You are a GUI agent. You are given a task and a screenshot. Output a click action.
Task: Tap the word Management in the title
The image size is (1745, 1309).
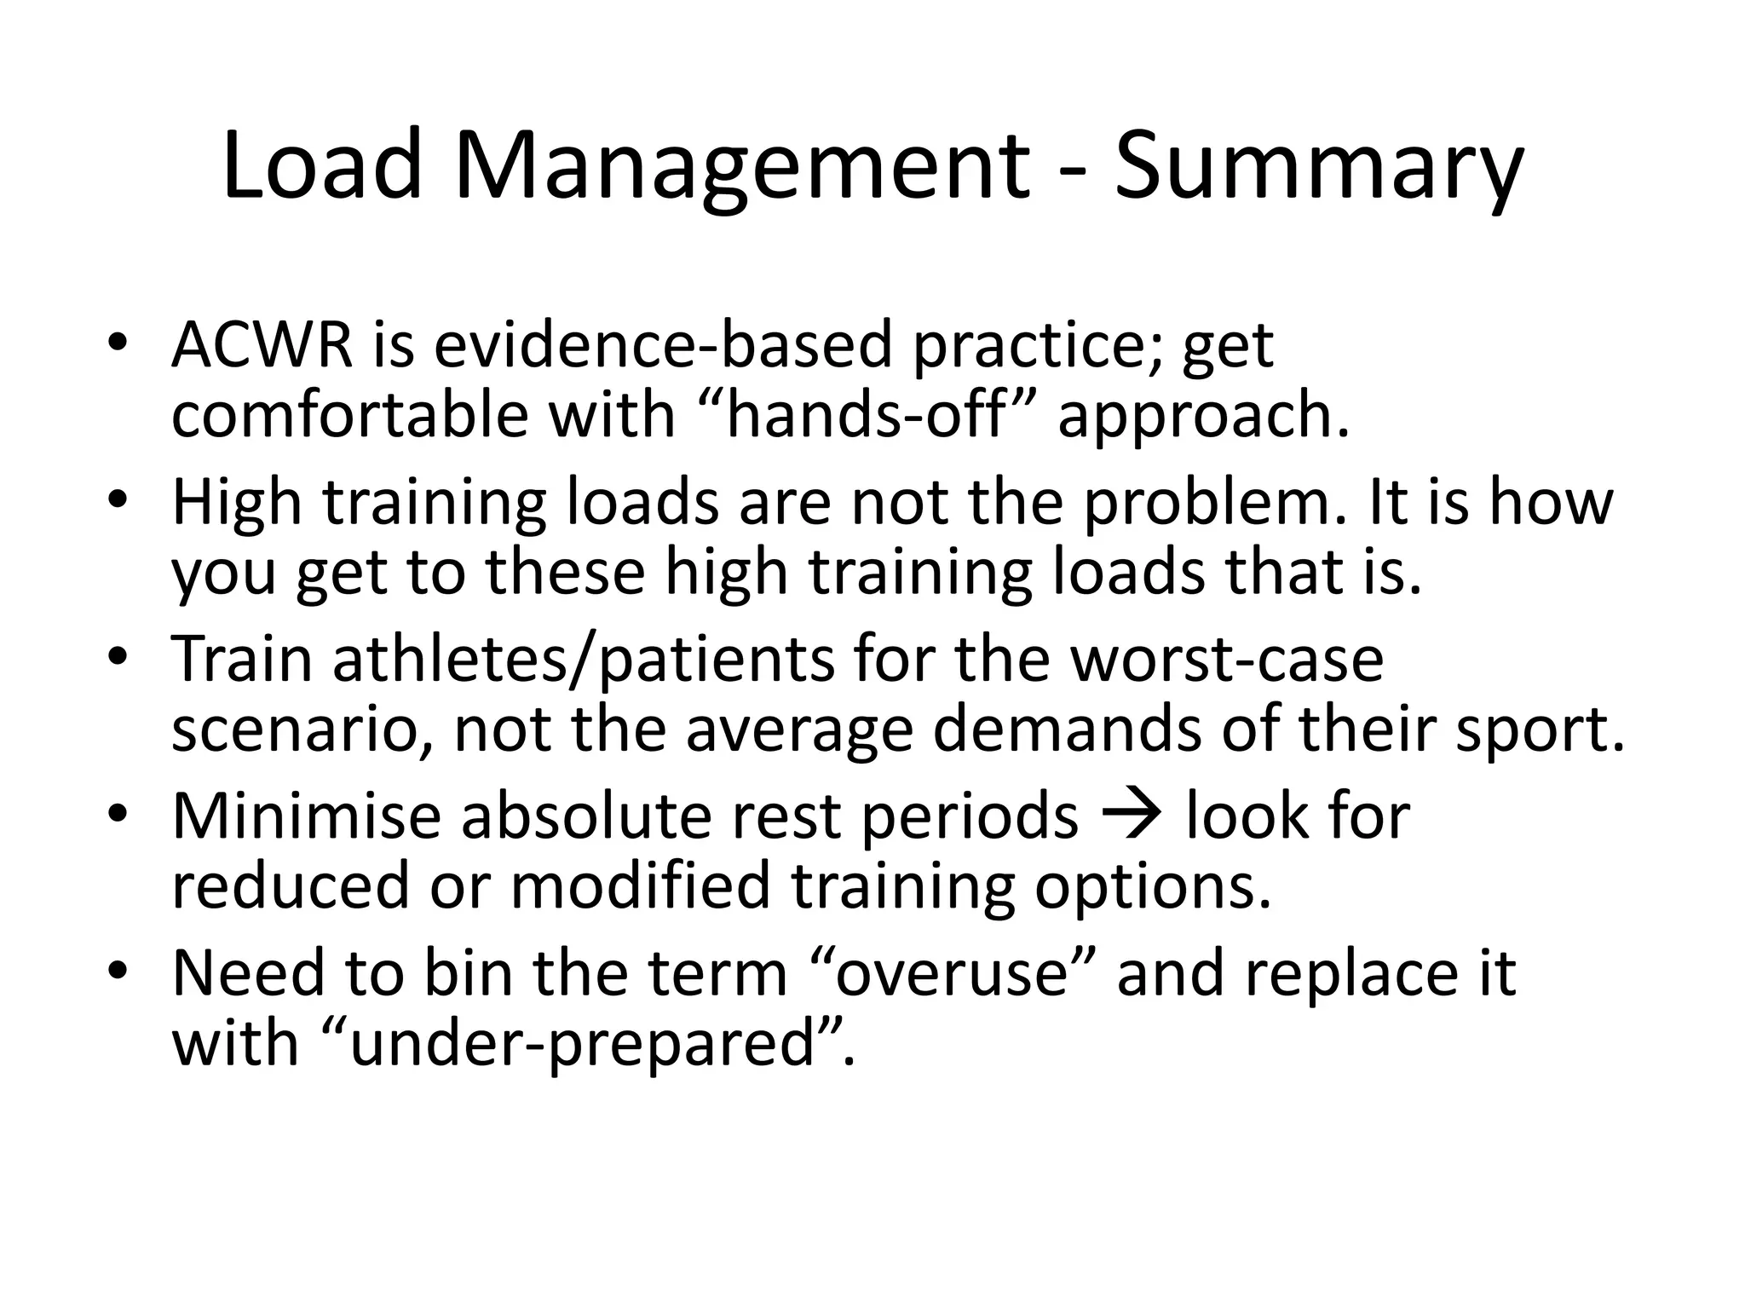741,167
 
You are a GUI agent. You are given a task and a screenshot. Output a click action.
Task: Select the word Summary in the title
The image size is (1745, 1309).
1317,167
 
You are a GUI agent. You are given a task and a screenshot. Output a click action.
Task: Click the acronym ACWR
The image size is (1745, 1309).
262,345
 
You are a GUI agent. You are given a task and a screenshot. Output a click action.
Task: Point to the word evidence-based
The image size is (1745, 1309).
664,345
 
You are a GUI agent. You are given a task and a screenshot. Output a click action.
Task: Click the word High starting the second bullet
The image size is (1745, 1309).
237,502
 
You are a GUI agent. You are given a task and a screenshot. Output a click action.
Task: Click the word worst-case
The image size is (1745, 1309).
1227,660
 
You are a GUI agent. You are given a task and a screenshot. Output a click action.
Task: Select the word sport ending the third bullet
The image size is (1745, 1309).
1539,730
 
